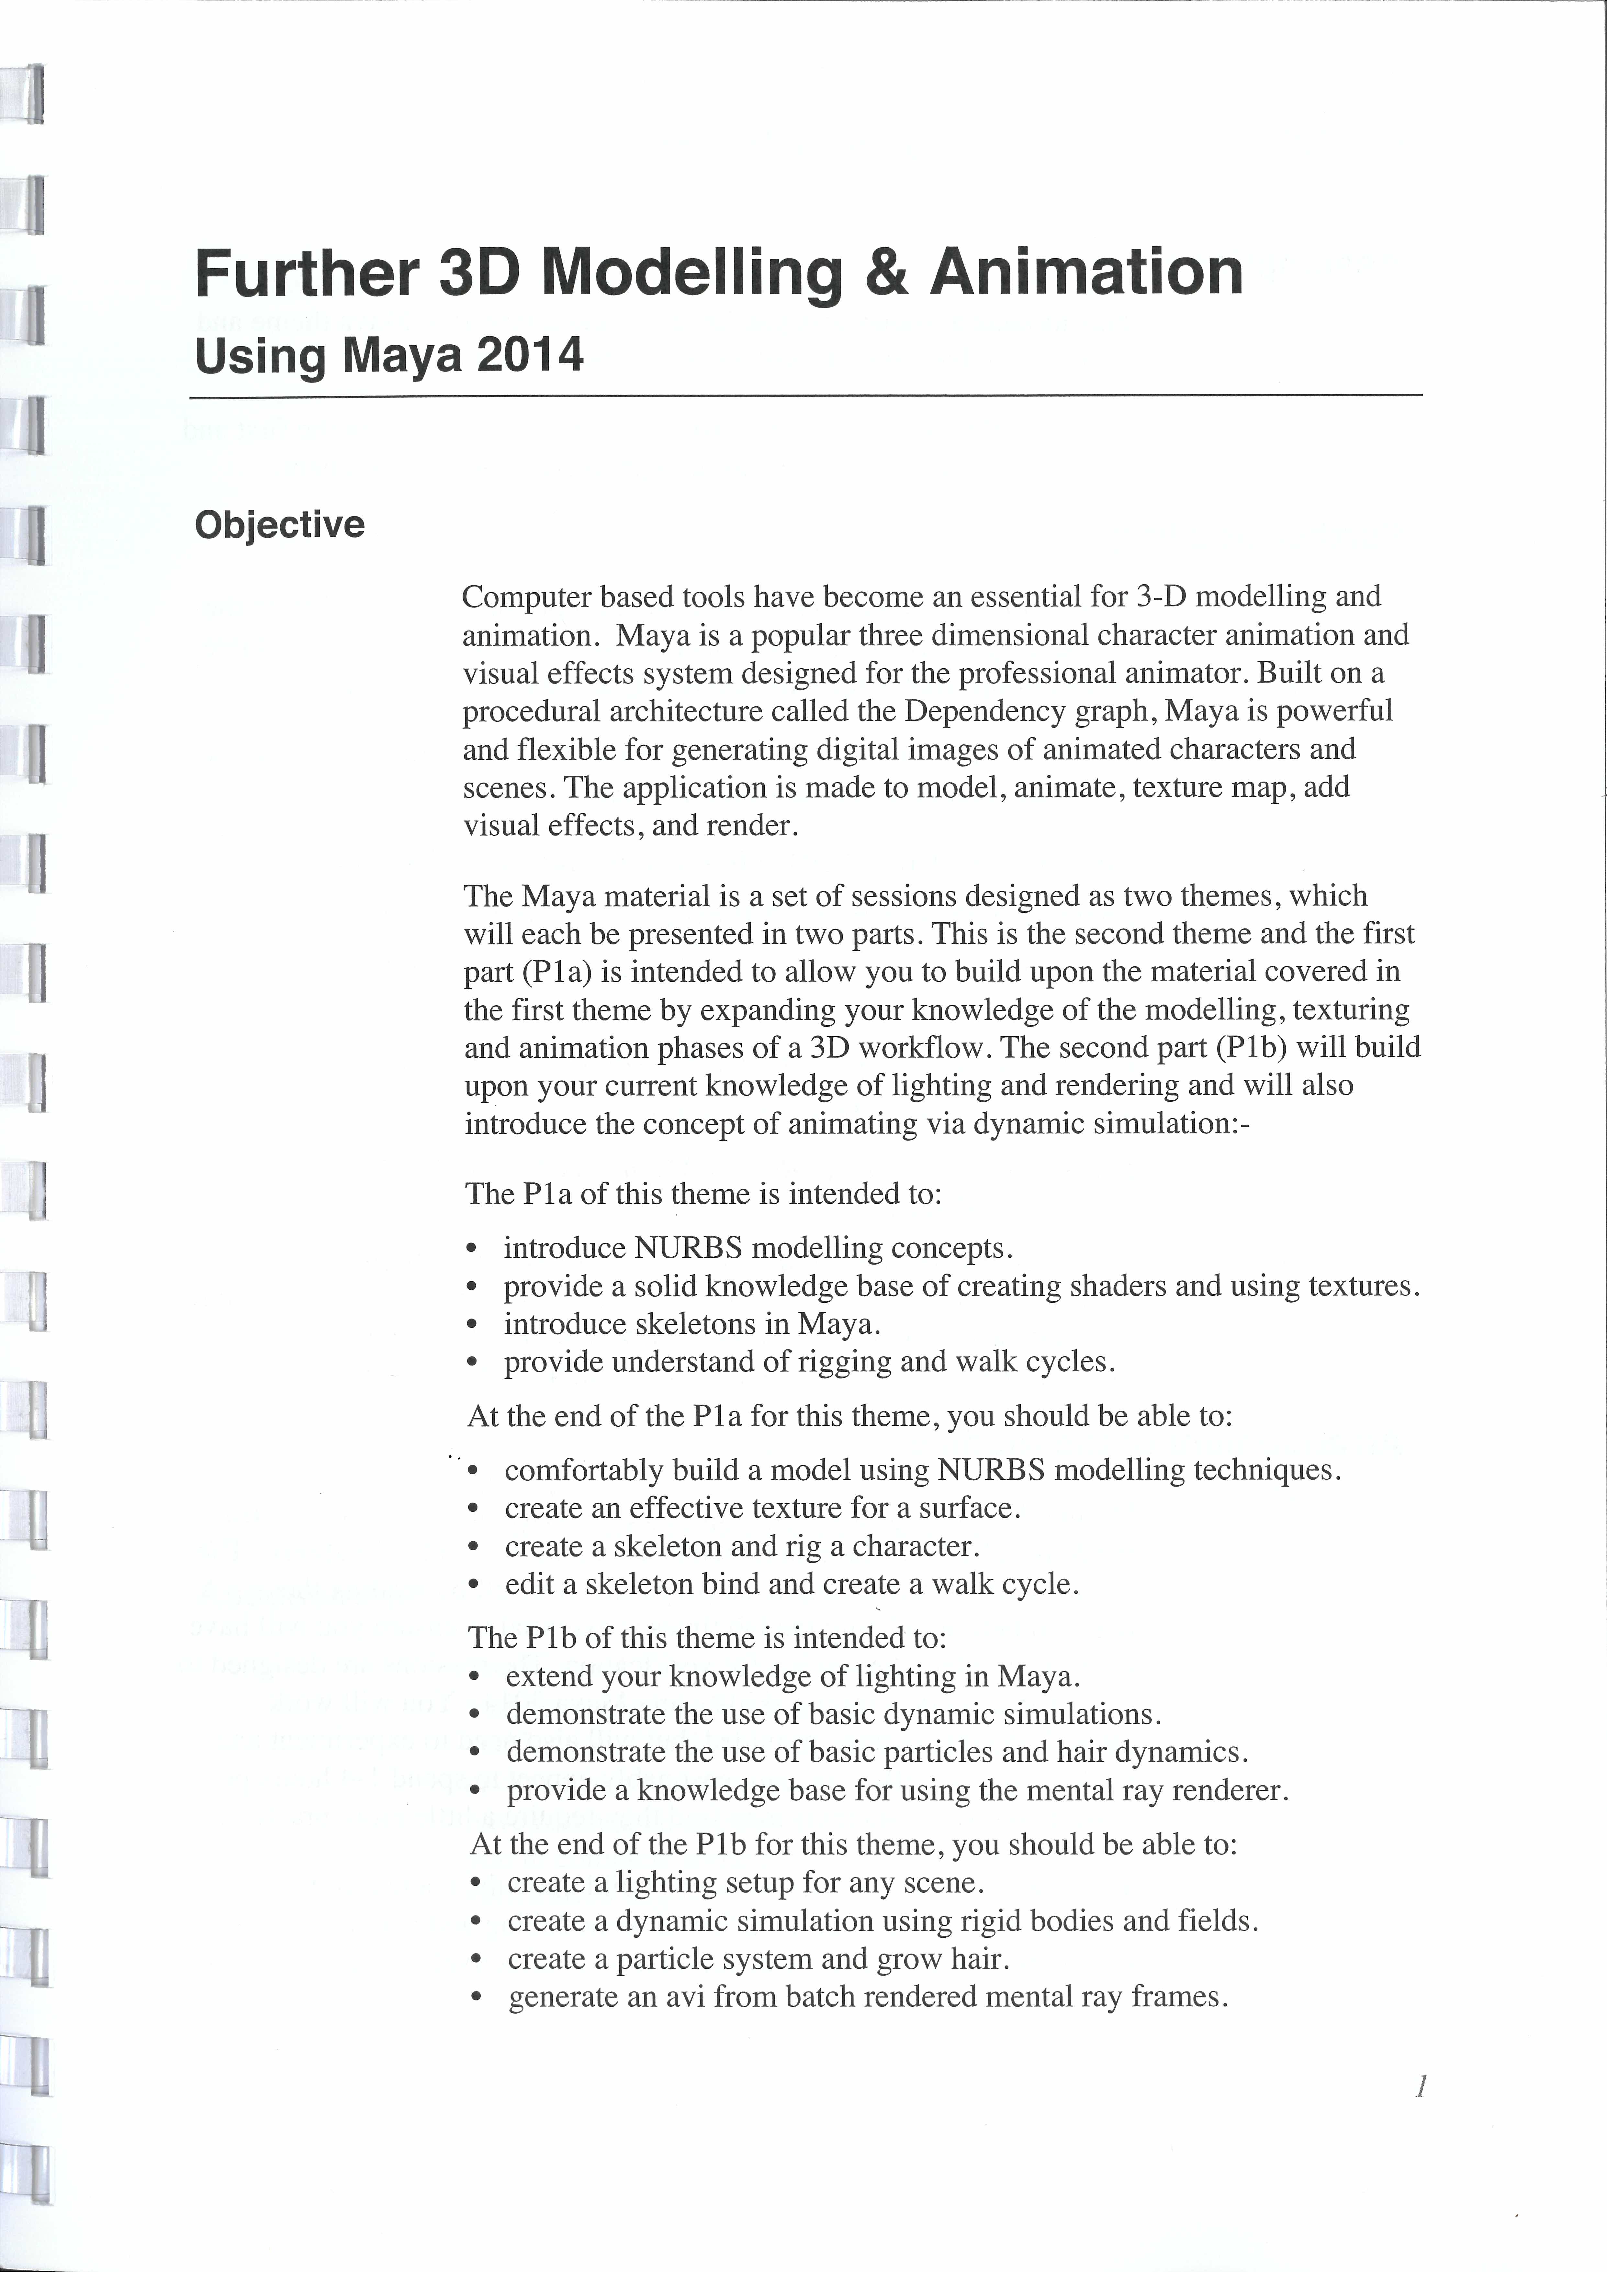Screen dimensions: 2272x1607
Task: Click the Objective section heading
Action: point(279,524)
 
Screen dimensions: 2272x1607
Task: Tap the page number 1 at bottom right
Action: point(1420,2087)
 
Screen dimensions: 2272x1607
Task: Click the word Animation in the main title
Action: point(1085,273)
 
